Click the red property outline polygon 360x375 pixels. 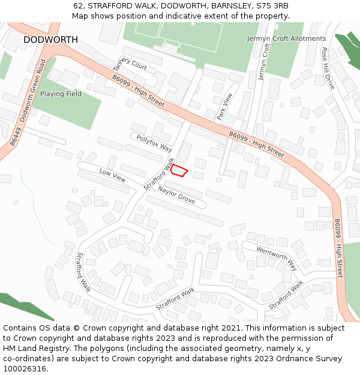point(179,171)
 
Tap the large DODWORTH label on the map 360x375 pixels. point(50,40)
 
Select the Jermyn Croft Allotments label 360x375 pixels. point(286,38)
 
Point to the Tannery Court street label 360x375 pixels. point(130,62)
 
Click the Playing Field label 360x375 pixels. point(61,94)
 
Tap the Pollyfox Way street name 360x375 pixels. point(154,143)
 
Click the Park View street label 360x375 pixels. point(224,106)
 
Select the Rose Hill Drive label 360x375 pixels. point(328,68)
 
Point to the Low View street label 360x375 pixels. point(112,175)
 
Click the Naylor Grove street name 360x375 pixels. point(176,195)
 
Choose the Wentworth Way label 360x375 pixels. point(277,257)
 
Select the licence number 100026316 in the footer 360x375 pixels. point(25,368)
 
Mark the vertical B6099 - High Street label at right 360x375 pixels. point(339,248)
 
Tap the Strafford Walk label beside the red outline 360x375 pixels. point(159,174)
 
